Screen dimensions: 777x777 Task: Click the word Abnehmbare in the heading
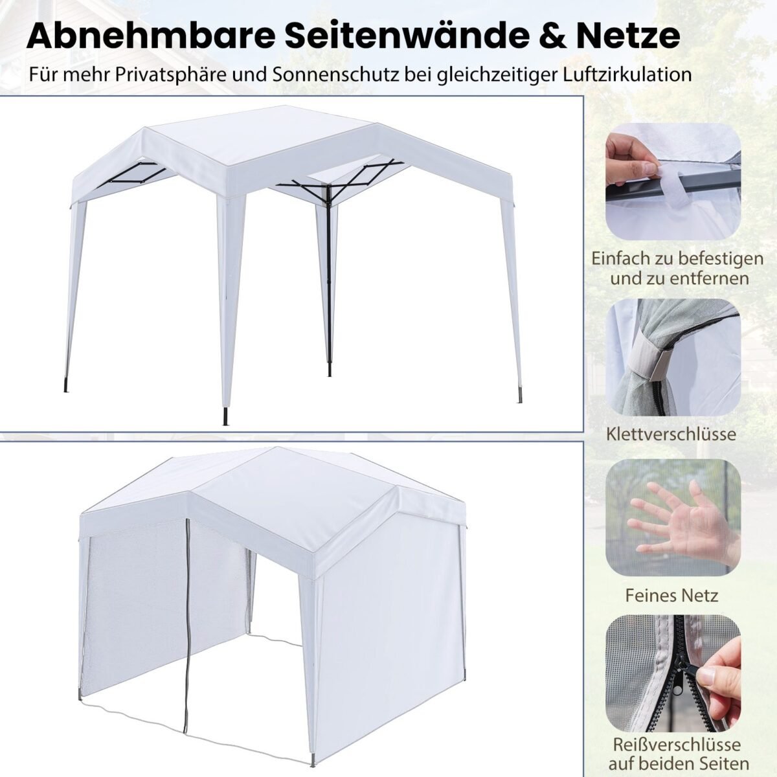point(152,37)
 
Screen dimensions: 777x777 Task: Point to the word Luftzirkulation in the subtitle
point(627,74)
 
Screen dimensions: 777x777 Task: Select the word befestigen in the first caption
point(721,259)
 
